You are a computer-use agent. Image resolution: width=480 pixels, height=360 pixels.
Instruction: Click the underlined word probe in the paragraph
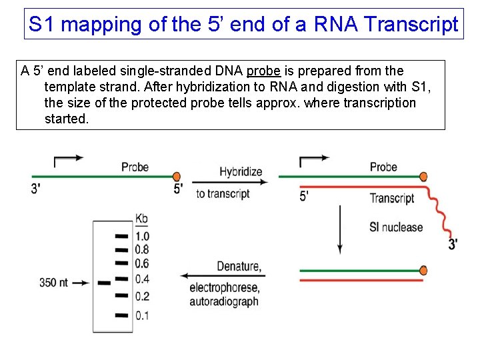point(263,71)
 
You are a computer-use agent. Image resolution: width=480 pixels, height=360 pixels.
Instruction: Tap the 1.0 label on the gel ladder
point(142,236)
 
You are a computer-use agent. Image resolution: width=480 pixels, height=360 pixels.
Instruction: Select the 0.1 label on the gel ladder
point(142,315)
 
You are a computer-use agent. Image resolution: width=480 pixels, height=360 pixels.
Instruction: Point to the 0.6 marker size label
point(142,264)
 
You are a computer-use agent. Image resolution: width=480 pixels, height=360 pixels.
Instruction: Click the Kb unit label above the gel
point(142,219)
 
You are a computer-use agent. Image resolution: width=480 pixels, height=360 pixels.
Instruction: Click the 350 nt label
point(53,283)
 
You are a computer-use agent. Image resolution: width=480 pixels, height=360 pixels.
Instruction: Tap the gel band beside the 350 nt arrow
point(104,283)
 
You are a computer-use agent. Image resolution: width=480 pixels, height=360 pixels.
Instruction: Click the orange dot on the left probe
point(177,176)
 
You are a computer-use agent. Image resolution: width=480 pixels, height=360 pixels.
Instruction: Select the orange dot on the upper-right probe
point(423,177)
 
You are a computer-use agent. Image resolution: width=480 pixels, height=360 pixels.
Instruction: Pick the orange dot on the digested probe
point(423,271)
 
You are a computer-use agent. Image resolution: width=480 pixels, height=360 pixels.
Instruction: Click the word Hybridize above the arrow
point(241,171)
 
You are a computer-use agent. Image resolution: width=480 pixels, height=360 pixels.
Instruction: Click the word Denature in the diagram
point(237,267)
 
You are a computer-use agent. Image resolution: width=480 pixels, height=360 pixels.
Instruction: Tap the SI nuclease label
point(396,227)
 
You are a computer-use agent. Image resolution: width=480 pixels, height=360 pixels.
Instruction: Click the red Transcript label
point(392,198)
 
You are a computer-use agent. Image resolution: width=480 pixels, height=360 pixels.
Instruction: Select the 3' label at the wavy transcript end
point(453,244)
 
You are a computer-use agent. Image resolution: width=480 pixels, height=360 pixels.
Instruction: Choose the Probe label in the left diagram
point(135,167)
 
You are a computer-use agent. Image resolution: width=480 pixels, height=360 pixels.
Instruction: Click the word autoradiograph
point(224,301)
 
